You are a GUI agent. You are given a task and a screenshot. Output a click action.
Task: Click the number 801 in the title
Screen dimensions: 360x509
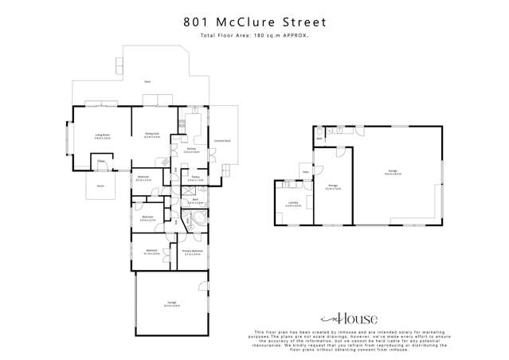coord(196,22)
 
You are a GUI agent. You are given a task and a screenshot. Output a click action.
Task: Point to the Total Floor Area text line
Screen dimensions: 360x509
coord(254,36)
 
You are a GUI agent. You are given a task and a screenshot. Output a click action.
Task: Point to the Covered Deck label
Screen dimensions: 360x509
coord(222,141)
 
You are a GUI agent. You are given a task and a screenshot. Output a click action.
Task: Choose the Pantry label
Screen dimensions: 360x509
coord(195,178)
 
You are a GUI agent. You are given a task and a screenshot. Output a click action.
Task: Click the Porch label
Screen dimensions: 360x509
coord(100,186)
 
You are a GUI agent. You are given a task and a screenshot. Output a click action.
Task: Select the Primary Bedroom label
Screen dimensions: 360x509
coord(192,252)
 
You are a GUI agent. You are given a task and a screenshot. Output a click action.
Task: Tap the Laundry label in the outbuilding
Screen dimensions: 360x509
coord(294,203)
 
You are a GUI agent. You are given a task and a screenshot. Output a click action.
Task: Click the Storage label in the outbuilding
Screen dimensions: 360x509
coord(334,187)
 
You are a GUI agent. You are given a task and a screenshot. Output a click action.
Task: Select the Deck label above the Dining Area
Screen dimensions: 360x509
coord(147,82)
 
